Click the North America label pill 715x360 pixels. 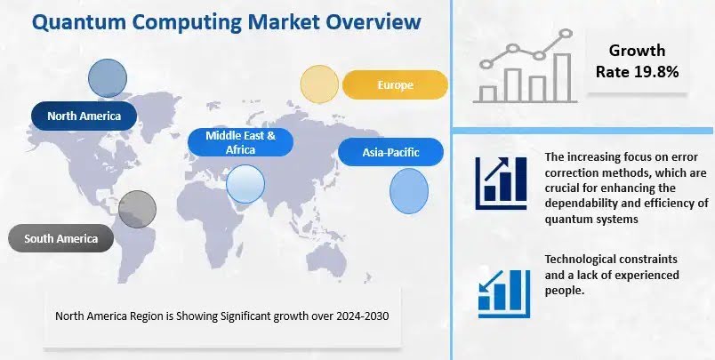point(84,116)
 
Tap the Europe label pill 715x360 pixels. point(396,84)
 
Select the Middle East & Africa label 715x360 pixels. point(240,142)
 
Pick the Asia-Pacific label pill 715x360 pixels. point(390,152)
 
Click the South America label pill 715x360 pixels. point(60,238)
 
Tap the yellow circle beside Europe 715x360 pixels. point(319,84)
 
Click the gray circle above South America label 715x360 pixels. point(137,210)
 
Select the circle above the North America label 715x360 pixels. point(108,78)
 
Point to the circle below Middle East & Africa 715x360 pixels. point(245,184)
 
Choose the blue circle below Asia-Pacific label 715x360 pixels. point(409,191)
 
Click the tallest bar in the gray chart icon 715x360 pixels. point(563,78)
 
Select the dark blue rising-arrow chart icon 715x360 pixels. point(502,183)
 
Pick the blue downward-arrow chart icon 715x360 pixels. point(504,293)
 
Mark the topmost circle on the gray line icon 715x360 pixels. point(566,34)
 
